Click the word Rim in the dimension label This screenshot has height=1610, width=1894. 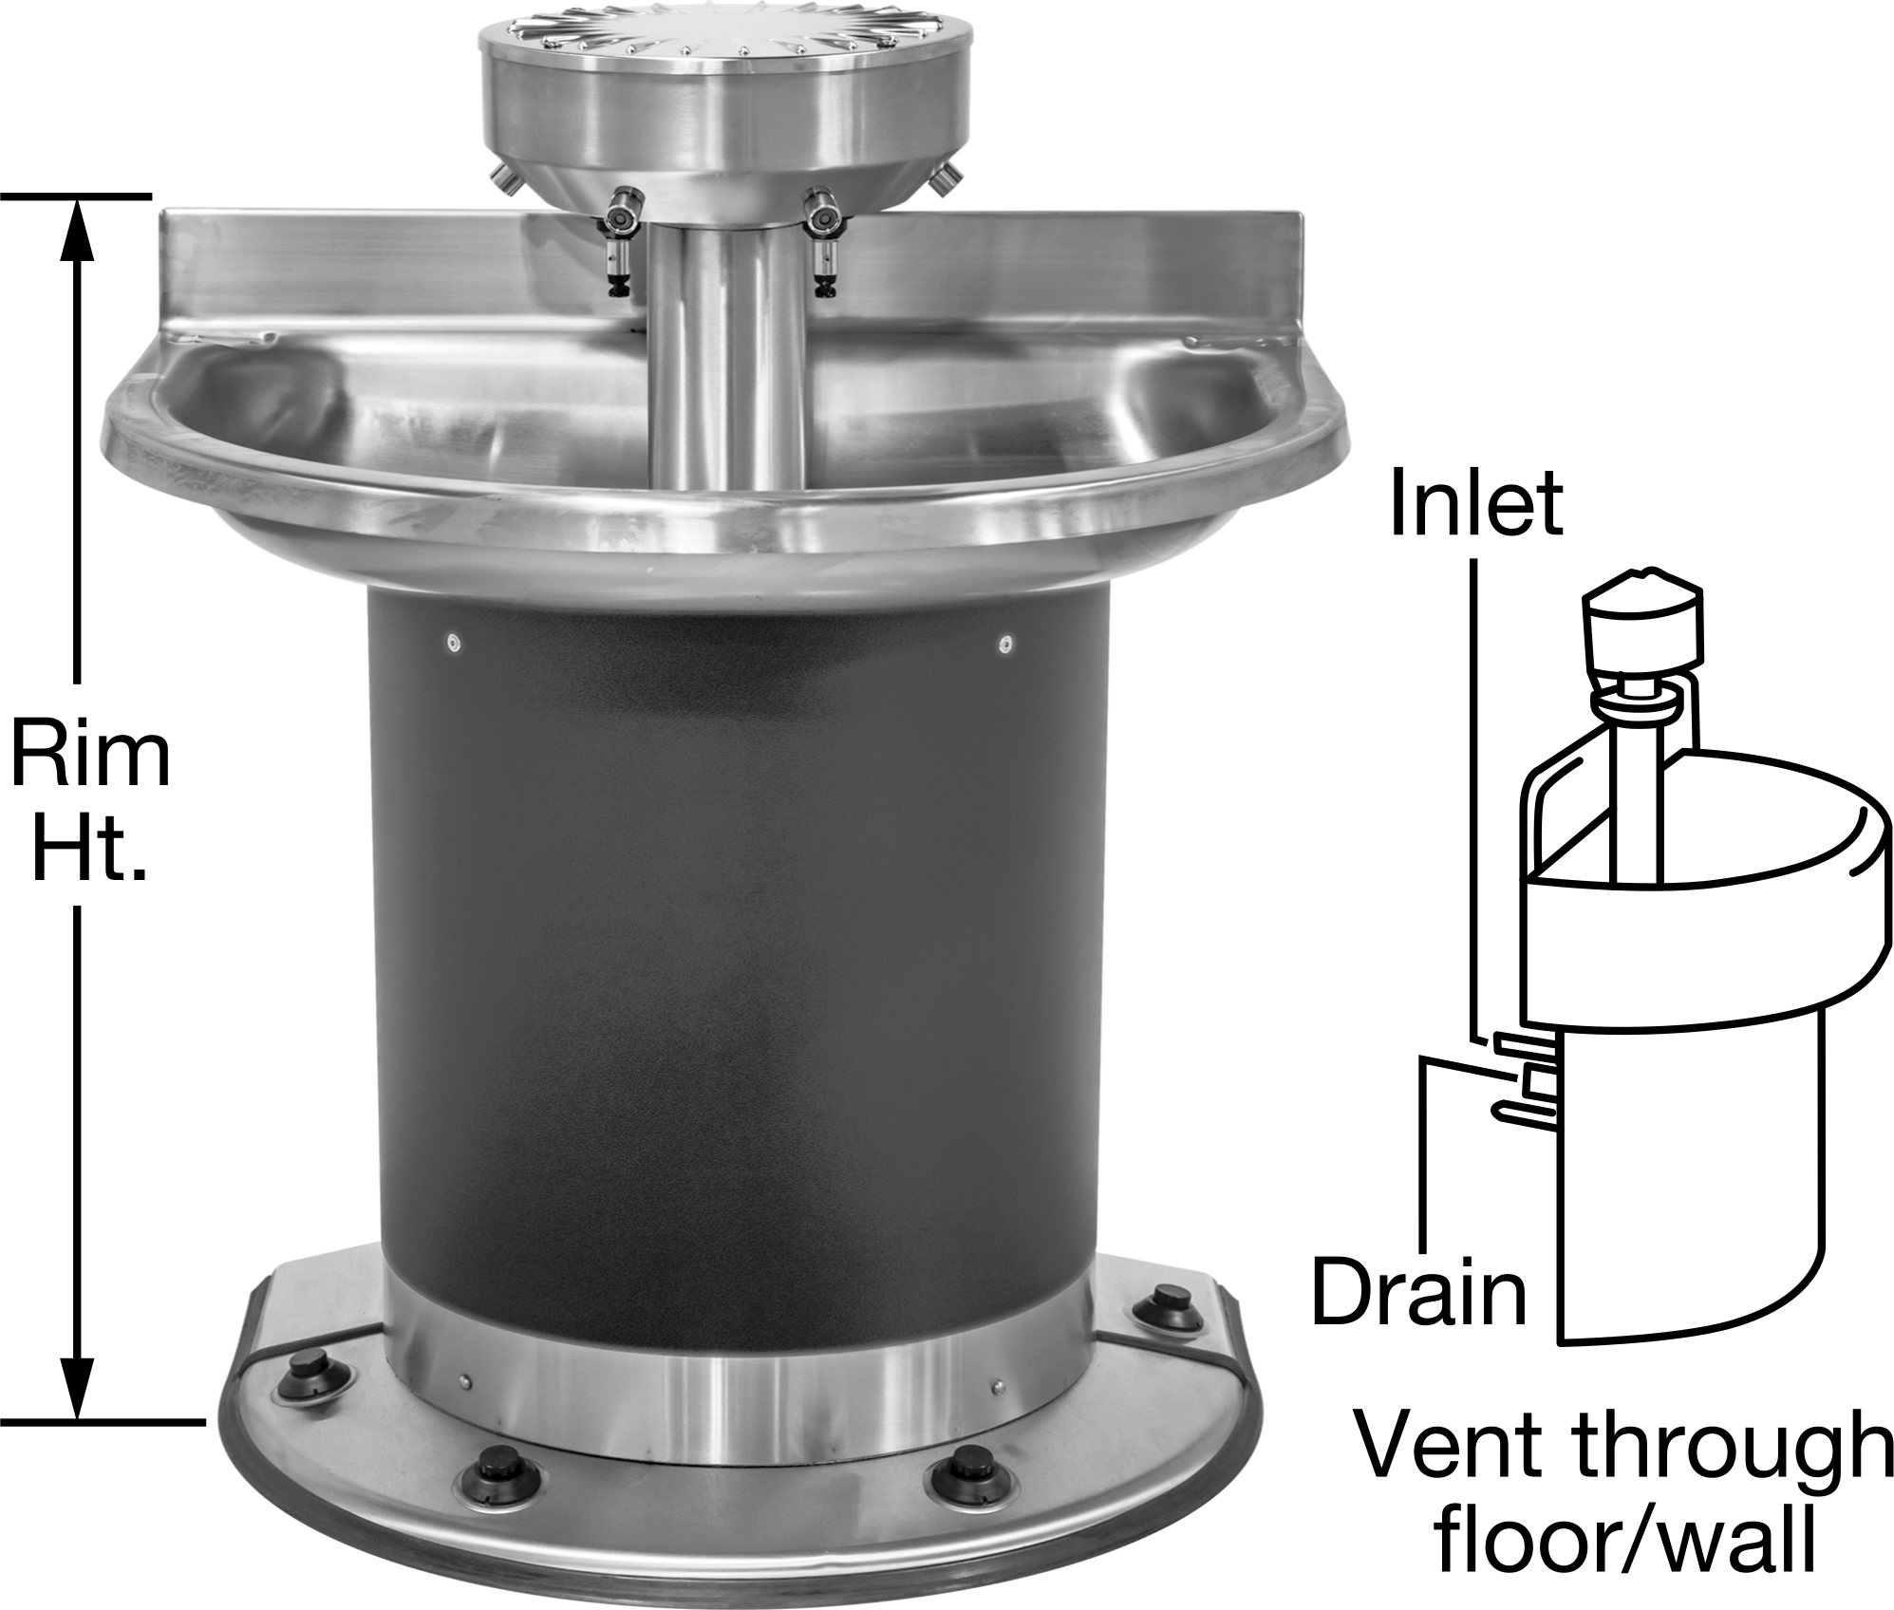(x=90, y=756)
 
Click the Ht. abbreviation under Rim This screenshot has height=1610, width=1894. (x=90, y=849)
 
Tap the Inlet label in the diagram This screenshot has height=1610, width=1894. (x=1475, y=503)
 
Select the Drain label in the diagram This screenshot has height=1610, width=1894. (x=1418, y=1292)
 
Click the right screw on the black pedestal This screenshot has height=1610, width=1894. (x=1005, y=646)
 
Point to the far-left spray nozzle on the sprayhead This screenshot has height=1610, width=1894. (x=502, y=176)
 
